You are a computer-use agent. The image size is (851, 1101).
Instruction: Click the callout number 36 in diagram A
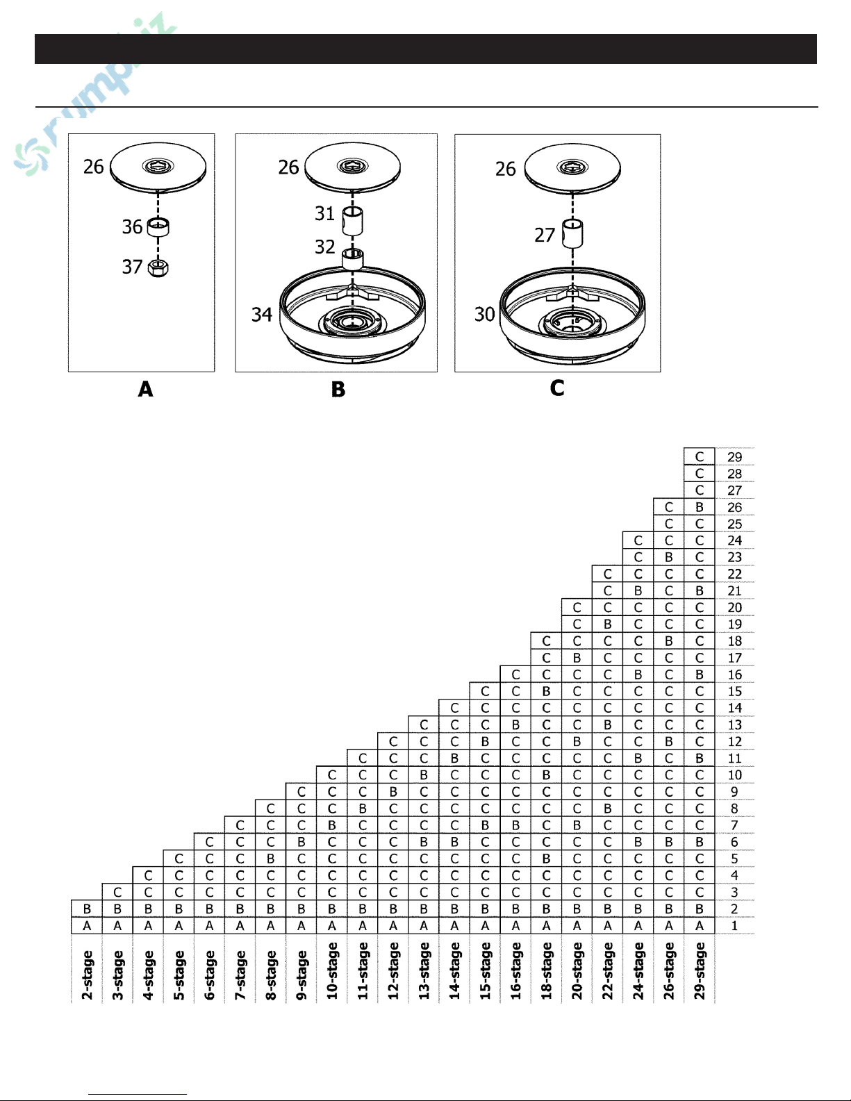(x=132, y=227)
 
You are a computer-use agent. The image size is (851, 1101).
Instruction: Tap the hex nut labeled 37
(x=158, y=267)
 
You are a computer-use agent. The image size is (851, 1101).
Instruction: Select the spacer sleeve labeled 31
(x=353, y=221)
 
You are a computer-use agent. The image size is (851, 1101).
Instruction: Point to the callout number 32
(x=324, y=247)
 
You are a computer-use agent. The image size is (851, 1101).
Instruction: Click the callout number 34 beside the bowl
(x=261, y=315)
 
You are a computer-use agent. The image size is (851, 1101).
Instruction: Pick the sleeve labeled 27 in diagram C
(x=572, y=234)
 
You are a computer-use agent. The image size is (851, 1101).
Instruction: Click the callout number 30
(x=484, y=315)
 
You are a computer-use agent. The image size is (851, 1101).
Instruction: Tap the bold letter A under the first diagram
(x=145, y=389)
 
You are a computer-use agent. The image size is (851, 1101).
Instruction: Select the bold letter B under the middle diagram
(x=338, y=390)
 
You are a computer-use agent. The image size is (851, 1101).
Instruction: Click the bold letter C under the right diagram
(x=557, y=388)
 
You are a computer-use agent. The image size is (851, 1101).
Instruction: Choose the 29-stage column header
(x=700, y=970)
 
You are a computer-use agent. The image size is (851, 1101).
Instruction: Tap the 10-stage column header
(x=332, y=970)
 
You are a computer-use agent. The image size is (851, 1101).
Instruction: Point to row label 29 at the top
(x=734, y=457)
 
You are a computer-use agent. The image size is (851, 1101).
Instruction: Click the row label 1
(x=734, y=926)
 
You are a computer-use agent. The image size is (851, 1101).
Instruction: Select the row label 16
(x=734, y=674)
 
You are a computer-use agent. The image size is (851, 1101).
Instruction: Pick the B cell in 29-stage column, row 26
(x=700, y=507)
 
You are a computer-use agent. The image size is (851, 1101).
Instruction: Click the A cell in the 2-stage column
(x=87, y=926)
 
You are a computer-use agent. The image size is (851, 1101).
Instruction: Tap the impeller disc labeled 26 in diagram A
(x=158, y=167)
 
